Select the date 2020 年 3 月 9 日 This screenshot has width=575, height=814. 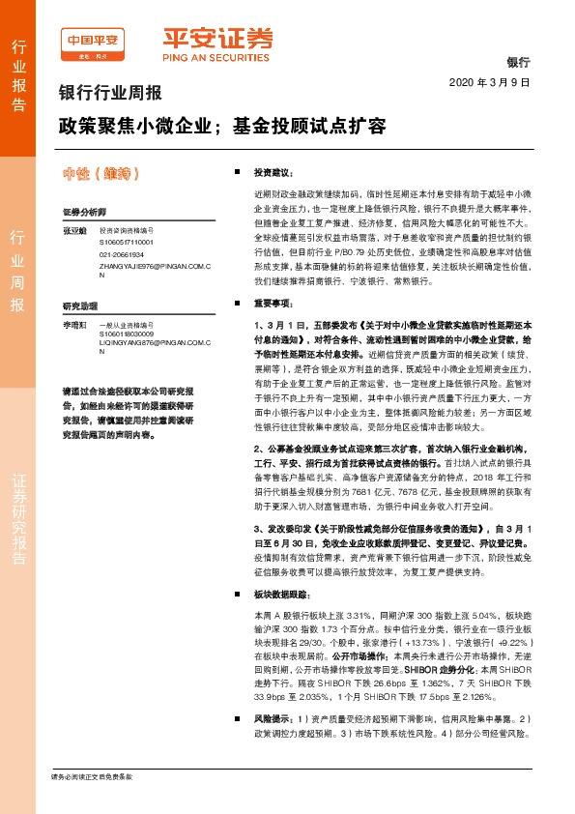[x=491, y=82]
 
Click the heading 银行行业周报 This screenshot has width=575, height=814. [x=110, y=95]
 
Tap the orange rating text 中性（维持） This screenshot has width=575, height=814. [x=101, y=174]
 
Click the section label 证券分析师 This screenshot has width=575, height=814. [x=83, y=211]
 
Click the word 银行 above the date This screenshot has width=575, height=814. [x=519, y=62]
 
